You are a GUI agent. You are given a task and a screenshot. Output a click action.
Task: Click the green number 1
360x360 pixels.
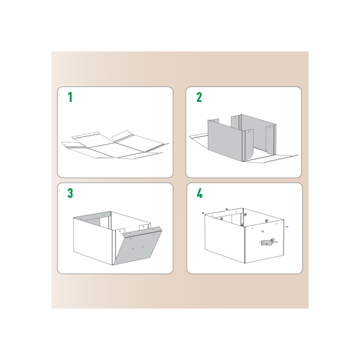click(x=70, y=97)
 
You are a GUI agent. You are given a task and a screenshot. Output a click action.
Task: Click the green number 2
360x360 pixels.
click(x=199, y=97)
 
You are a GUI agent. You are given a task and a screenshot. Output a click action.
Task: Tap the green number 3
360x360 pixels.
click(x=70, y=193)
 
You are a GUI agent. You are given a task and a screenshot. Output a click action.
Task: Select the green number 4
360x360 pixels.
click(x=200, y=193)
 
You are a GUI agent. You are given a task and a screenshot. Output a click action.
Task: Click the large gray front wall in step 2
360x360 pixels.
click(x=226, y=139)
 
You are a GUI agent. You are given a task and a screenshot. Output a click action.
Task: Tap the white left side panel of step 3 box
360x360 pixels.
click(x=93, y=239)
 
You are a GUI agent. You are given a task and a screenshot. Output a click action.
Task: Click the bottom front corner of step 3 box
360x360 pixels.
click(x=113, y=265)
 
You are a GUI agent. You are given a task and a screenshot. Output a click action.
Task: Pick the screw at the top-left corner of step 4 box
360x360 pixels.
click(x=204, y=212)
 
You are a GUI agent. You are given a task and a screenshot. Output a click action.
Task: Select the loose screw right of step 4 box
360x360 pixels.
click(x=287, y=226)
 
